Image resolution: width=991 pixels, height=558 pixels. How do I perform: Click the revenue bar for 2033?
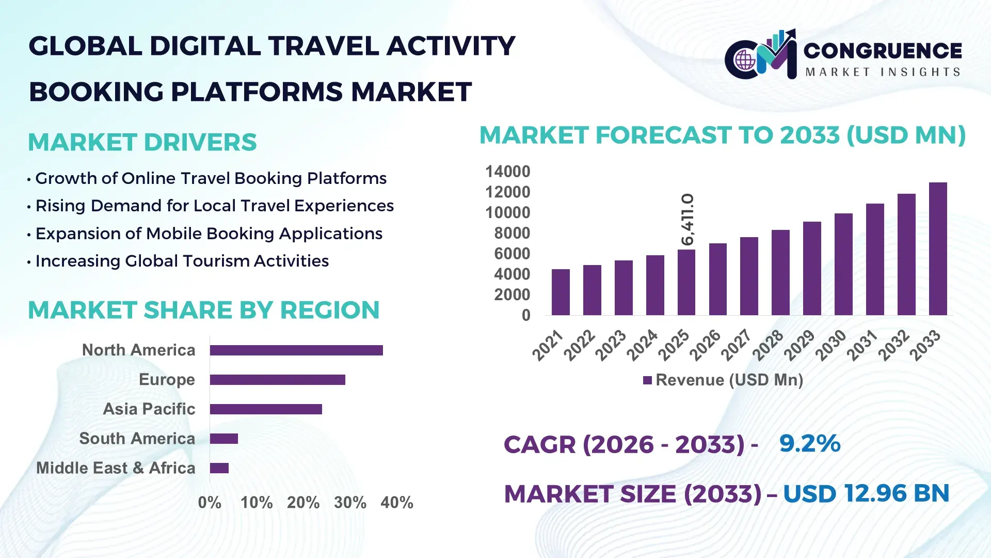click(938, 249)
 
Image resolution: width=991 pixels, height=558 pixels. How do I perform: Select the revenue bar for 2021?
click(561, 292)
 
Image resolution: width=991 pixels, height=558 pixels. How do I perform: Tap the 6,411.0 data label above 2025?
click(688, 219)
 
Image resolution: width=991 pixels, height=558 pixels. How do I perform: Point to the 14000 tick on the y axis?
click(507, 172)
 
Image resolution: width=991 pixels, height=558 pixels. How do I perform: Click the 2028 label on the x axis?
click(768, 345)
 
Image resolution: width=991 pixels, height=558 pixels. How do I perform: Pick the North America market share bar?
click(296, 350)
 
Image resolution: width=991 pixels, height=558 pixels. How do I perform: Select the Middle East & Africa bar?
click(219, 468)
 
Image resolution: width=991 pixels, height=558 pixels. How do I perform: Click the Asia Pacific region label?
click(149, 409)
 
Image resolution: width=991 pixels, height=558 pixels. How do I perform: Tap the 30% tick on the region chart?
click(350, 502)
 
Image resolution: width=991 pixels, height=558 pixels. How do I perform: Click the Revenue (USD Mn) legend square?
click(647, 380)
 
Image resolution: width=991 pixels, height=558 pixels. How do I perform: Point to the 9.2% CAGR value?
click(809, 443)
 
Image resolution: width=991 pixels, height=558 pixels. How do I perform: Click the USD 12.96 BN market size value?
click(866, 493)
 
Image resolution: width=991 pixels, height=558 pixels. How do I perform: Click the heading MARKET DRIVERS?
click(142, 142)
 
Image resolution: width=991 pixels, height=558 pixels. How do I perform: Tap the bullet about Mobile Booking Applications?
click(209, 234)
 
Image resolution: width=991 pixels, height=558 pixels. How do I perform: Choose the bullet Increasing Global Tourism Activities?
click(182, 261)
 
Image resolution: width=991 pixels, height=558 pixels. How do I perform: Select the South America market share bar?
click(224, 439)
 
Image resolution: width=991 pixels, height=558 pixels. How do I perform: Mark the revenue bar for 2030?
click(843, 265)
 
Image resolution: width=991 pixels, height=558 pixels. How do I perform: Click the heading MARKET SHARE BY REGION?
click(204, 310)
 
